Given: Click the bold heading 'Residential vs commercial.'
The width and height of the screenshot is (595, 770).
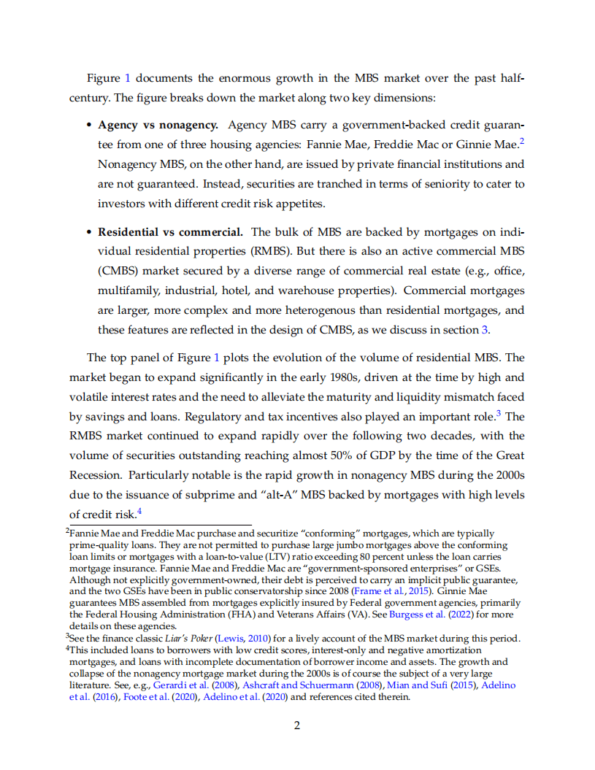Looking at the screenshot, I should (x=171, y=232).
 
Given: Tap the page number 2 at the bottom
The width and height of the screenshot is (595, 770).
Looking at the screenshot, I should (x=297, y=725).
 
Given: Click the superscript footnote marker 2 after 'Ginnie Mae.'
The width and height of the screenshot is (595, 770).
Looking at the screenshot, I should (x=521, y=142).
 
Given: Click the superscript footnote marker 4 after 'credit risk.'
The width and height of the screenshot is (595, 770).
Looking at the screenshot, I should (x=139, y=511).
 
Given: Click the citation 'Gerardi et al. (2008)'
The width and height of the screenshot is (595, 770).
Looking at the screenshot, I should (x=199, y=685).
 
